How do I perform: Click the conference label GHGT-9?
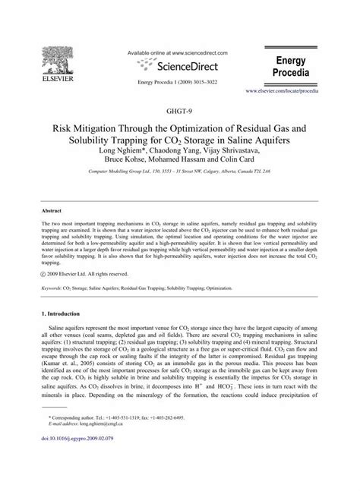pos(179,111)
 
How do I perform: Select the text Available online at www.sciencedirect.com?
pos(180,54)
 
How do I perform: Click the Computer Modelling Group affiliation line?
pos(180,174)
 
